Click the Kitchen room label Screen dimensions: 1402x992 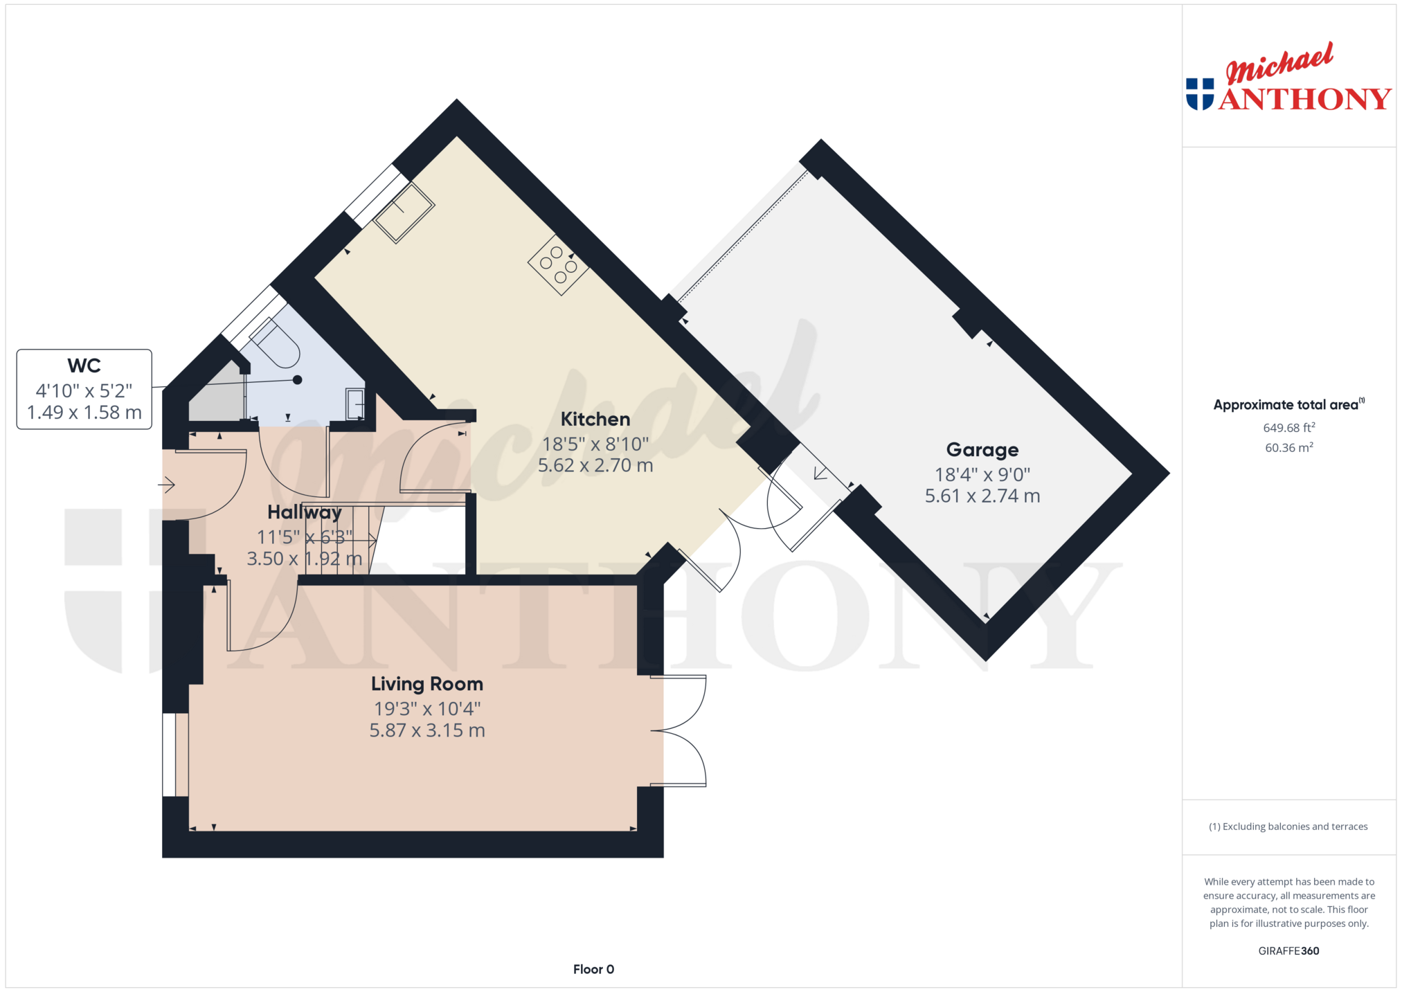tap(595, 420)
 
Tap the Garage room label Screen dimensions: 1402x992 tap(982, 450)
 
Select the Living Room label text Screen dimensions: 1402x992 tap(427, 684)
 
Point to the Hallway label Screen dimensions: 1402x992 tap(305, 513)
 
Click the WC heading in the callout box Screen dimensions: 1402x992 tap(84, 366)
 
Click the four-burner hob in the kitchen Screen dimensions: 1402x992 tap(558, 265)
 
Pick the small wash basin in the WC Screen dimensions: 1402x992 tap(355, 404)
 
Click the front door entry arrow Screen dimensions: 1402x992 tap(166, 485)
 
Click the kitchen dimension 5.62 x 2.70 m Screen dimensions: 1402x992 tap(595, 465)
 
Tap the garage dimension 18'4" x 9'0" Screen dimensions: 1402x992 tap(982, 474)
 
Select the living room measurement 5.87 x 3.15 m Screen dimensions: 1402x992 tap(427, 730)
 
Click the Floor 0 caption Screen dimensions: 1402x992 tap(593, 969)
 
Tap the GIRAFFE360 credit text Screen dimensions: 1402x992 tap(1288, 950)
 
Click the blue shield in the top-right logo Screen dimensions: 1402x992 tap(1200, 94)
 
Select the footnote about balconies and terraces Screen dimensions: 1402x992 tap(1288, 827)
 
